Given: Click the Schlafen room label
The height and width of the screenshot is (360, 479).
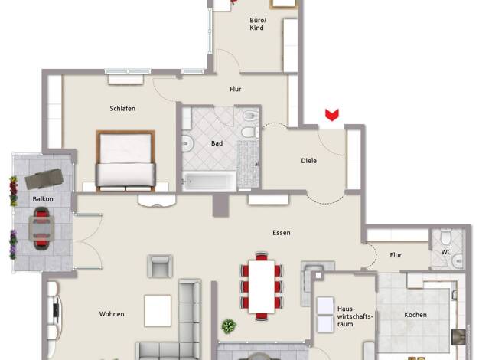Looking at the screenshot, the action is [x=122, y=108].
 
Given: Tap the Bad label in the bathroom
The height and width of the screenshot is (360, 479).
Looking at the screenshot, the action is [x=217, y=143].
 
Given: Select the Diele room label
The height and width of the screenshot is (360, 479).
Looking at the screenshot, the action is [x=308, y=161].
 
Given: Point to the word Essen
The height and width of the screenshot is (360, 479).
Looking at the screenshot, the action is [x=282, y=233].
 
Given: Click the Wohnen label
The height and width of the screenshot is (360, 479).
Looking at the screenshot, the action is [x=112, y=314].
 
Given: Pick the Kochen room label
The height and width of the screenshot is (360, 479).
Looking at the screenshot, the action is [x=415, y=315].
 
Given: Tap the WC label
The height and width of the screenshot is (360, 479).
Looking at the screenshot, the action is [x=446, y=252].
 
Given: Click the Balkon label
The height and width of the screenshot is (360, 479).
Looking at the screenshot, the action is [x=43, y=199].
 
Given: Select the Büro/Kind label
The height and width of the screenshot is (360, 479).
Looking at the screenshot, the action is [x=257, y=24].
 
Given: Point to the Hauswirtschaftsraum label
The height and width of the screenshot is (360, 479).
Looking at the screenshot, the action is [x=355, y=316].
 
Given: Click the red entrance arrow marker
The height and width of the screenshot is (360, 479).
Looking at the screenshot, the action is [x=332, y=115].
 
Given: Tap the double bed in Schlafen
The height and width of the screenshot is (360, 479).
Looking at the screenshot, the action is [x=125, y=161].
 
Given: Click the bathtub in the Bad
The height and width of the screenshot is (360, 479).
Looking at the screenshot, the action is [x=209, y=182].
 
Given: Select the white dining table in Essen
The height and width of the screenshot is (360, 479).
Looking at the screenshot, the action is [x=262, y=286].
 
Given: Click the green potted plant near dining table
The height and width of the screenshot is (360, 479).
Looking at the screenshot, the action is [x=229, y=326].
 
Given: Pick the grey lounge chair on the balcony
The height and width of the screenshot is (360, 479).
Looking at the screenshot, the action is [x=44, y=178].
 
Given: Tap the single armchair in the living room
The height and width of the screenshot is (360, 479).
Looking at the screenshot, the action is [x=160, y=266].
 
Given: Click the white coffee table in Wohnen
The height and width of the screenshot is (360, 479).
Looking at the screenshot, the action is [x=158, y=311].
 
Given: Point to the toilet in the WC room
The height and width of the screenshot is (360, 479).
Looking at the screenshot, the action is [x=446, y=237].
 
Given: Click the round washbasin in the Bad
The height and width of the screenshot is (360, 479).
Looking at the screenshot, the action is [x=187, y=144].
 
